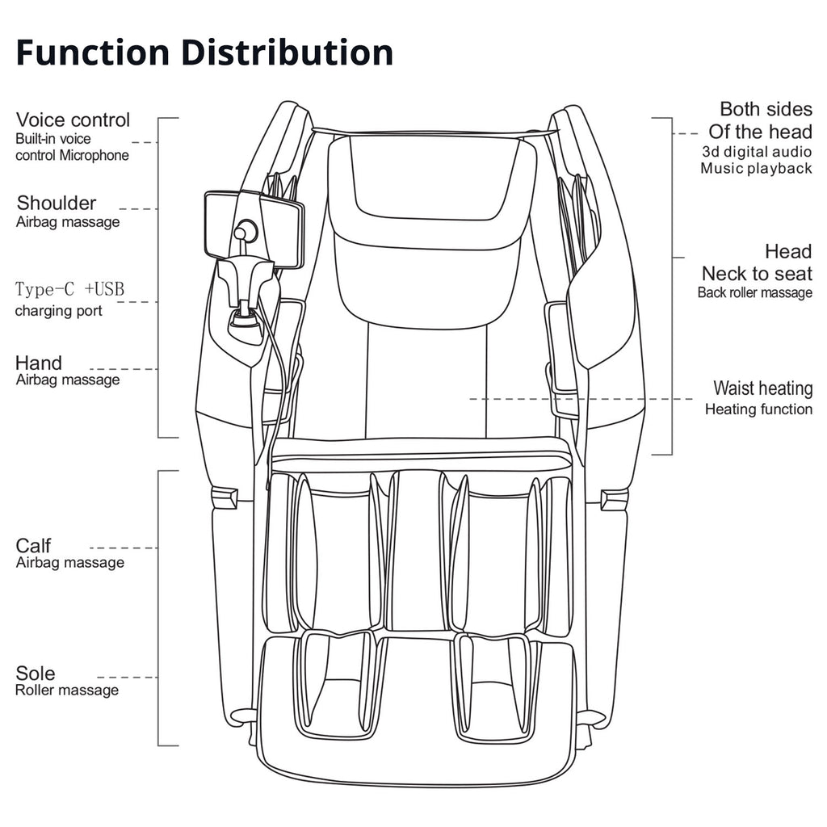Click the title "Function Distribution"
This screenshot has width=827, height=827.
click(x=204, y=52)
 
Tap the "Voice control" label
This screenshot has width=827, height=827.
click(x=73, y=120)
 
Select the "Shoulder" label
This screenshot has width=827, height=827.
click(x=57, y=203)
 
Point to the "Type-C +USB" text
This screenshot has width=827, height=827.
click(x=70, y=290)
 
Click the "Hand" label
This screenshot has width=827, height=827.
click(x=39, y=363)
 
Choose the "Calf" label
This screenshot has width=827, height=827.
click(x=34, y=546)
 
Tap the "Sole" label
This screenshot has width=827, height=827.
click(x=36, y=674)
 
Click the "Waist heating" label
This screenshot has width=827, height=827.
click(x=762, y=388)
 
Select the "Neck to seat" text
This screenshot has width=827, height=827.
click(x=757, y=274)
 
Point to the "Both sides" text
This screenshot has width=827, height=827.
click(x=766, y=109)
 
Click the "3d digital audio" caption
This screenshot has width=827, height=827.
click(x=756, y=151)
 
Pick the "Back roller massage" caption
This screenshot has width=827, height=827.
click(x=755, y=292)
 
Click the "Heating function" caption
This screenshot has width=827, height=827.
click(x=758, y=409)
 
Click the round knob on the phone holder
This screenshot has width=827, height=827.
click(x=245, y=232)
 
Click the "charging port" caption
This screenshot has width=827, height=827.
click(x=59, y=311)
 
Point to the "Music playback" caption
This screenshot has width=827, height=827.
click(x=756, y=169)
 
